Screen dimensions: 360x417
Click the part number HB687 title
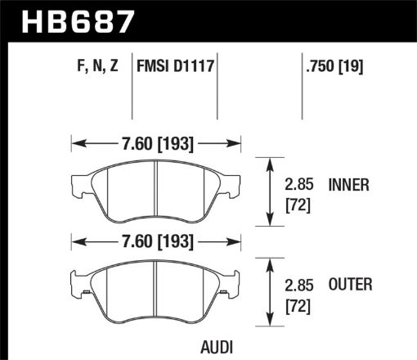(78, 20)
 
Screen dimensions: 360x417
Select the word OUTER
(349, 285)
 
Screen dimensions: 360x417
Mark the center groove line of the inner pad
(155, 190)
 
